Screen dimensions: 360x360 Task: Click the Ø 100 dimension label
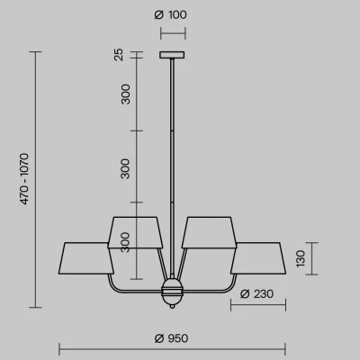pyautogui.click(x=170, y=14)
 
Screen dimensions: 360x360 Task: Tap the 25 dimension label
pyautogui.click(x=119, y=55)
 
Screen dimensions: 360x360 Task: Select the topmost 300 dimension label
pyautogui.click(x=126, y=94)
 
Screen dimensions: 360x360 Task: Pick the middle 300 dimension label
pyautogui.click(x=125, y=168)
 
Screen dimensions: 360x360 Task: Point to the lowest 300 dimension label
pyautogui.click(x=125, y=242)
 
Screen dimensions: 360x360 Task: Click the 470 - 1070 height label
pyautogui.click(x=24, y=179)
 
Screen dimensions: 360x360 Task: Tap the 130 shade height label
pyautogui.click(x=301, y=258)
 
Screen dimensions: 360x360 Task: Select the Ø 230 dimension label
pyautogui.click(x=256, y=294)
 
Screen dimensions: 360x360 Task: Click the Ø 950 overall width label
pyautogui.click(x=171, y=338)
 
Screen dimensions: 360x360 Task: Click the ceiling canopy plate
pyautogui.click(x=172, y=55)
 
